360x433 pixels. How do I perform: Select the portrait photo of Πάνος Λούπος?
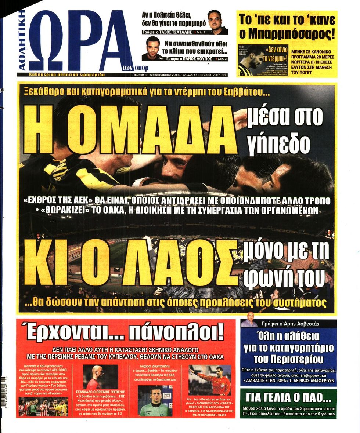[152, 49]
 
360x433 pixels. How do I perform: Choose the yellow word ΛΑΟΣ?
[180, 263]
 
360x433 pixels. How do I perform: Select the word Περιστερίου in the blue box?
[289, 359]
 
